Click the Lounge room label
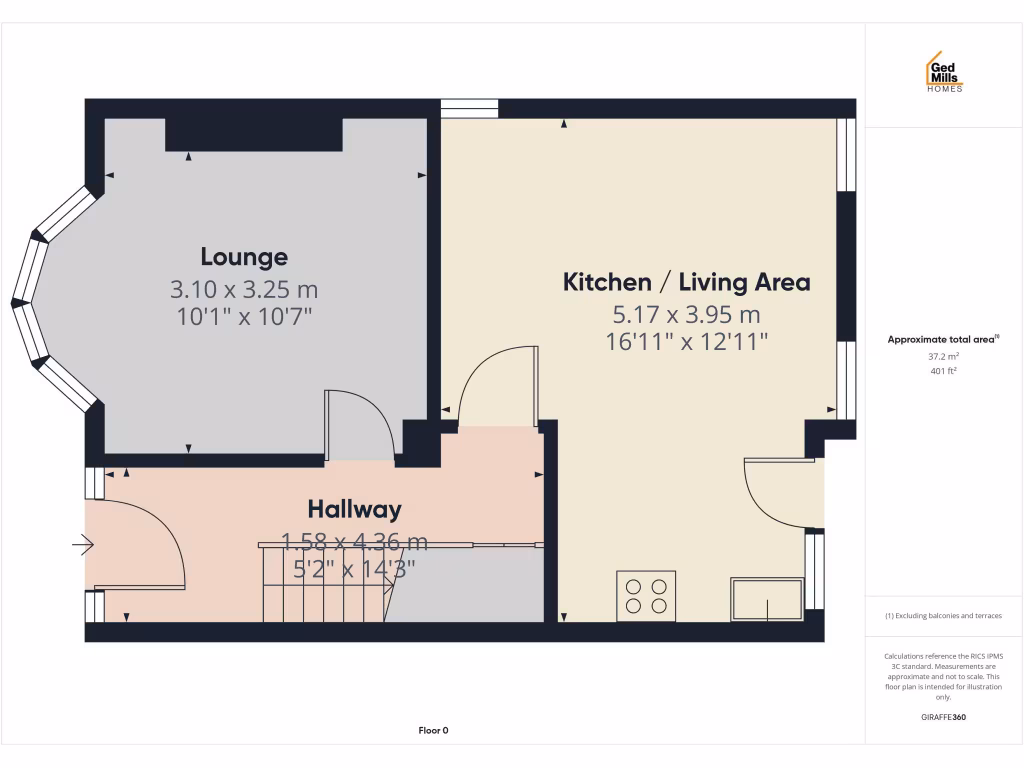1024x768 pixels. (x=244, y=257)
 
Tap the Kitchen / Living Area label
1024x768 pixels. (x=686, y=282)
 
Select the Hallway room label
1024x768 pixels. (x=354, y=509)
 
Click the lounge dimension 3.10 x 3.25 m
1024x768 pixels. (x=244, y=290)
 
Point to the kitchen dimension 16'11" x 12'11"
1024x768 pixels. (x=686, y=341)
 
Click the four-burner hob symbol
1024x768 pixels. (x=646, y=595)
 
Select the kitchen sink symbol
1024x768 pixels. (x=767, y=599)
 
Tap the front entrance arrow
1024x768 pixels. (x=83, y=545)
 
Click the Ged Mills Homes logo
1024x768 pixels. (x=943, y=72)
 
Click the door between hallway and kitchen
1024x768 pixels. (x=495, y=385)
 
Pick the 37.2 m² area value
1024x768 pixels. (x=943, y=355)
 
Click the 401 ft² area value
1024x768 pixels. (x=943, y=371)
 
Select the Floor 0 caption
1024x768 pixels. (x=433, y=731)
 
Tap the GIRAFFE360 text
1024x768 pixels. (x=943, y=717)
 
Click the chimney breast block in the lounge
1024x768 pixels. (x=254, y=134)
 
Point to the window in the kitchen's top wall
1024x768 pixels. (x=470, y=109)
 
